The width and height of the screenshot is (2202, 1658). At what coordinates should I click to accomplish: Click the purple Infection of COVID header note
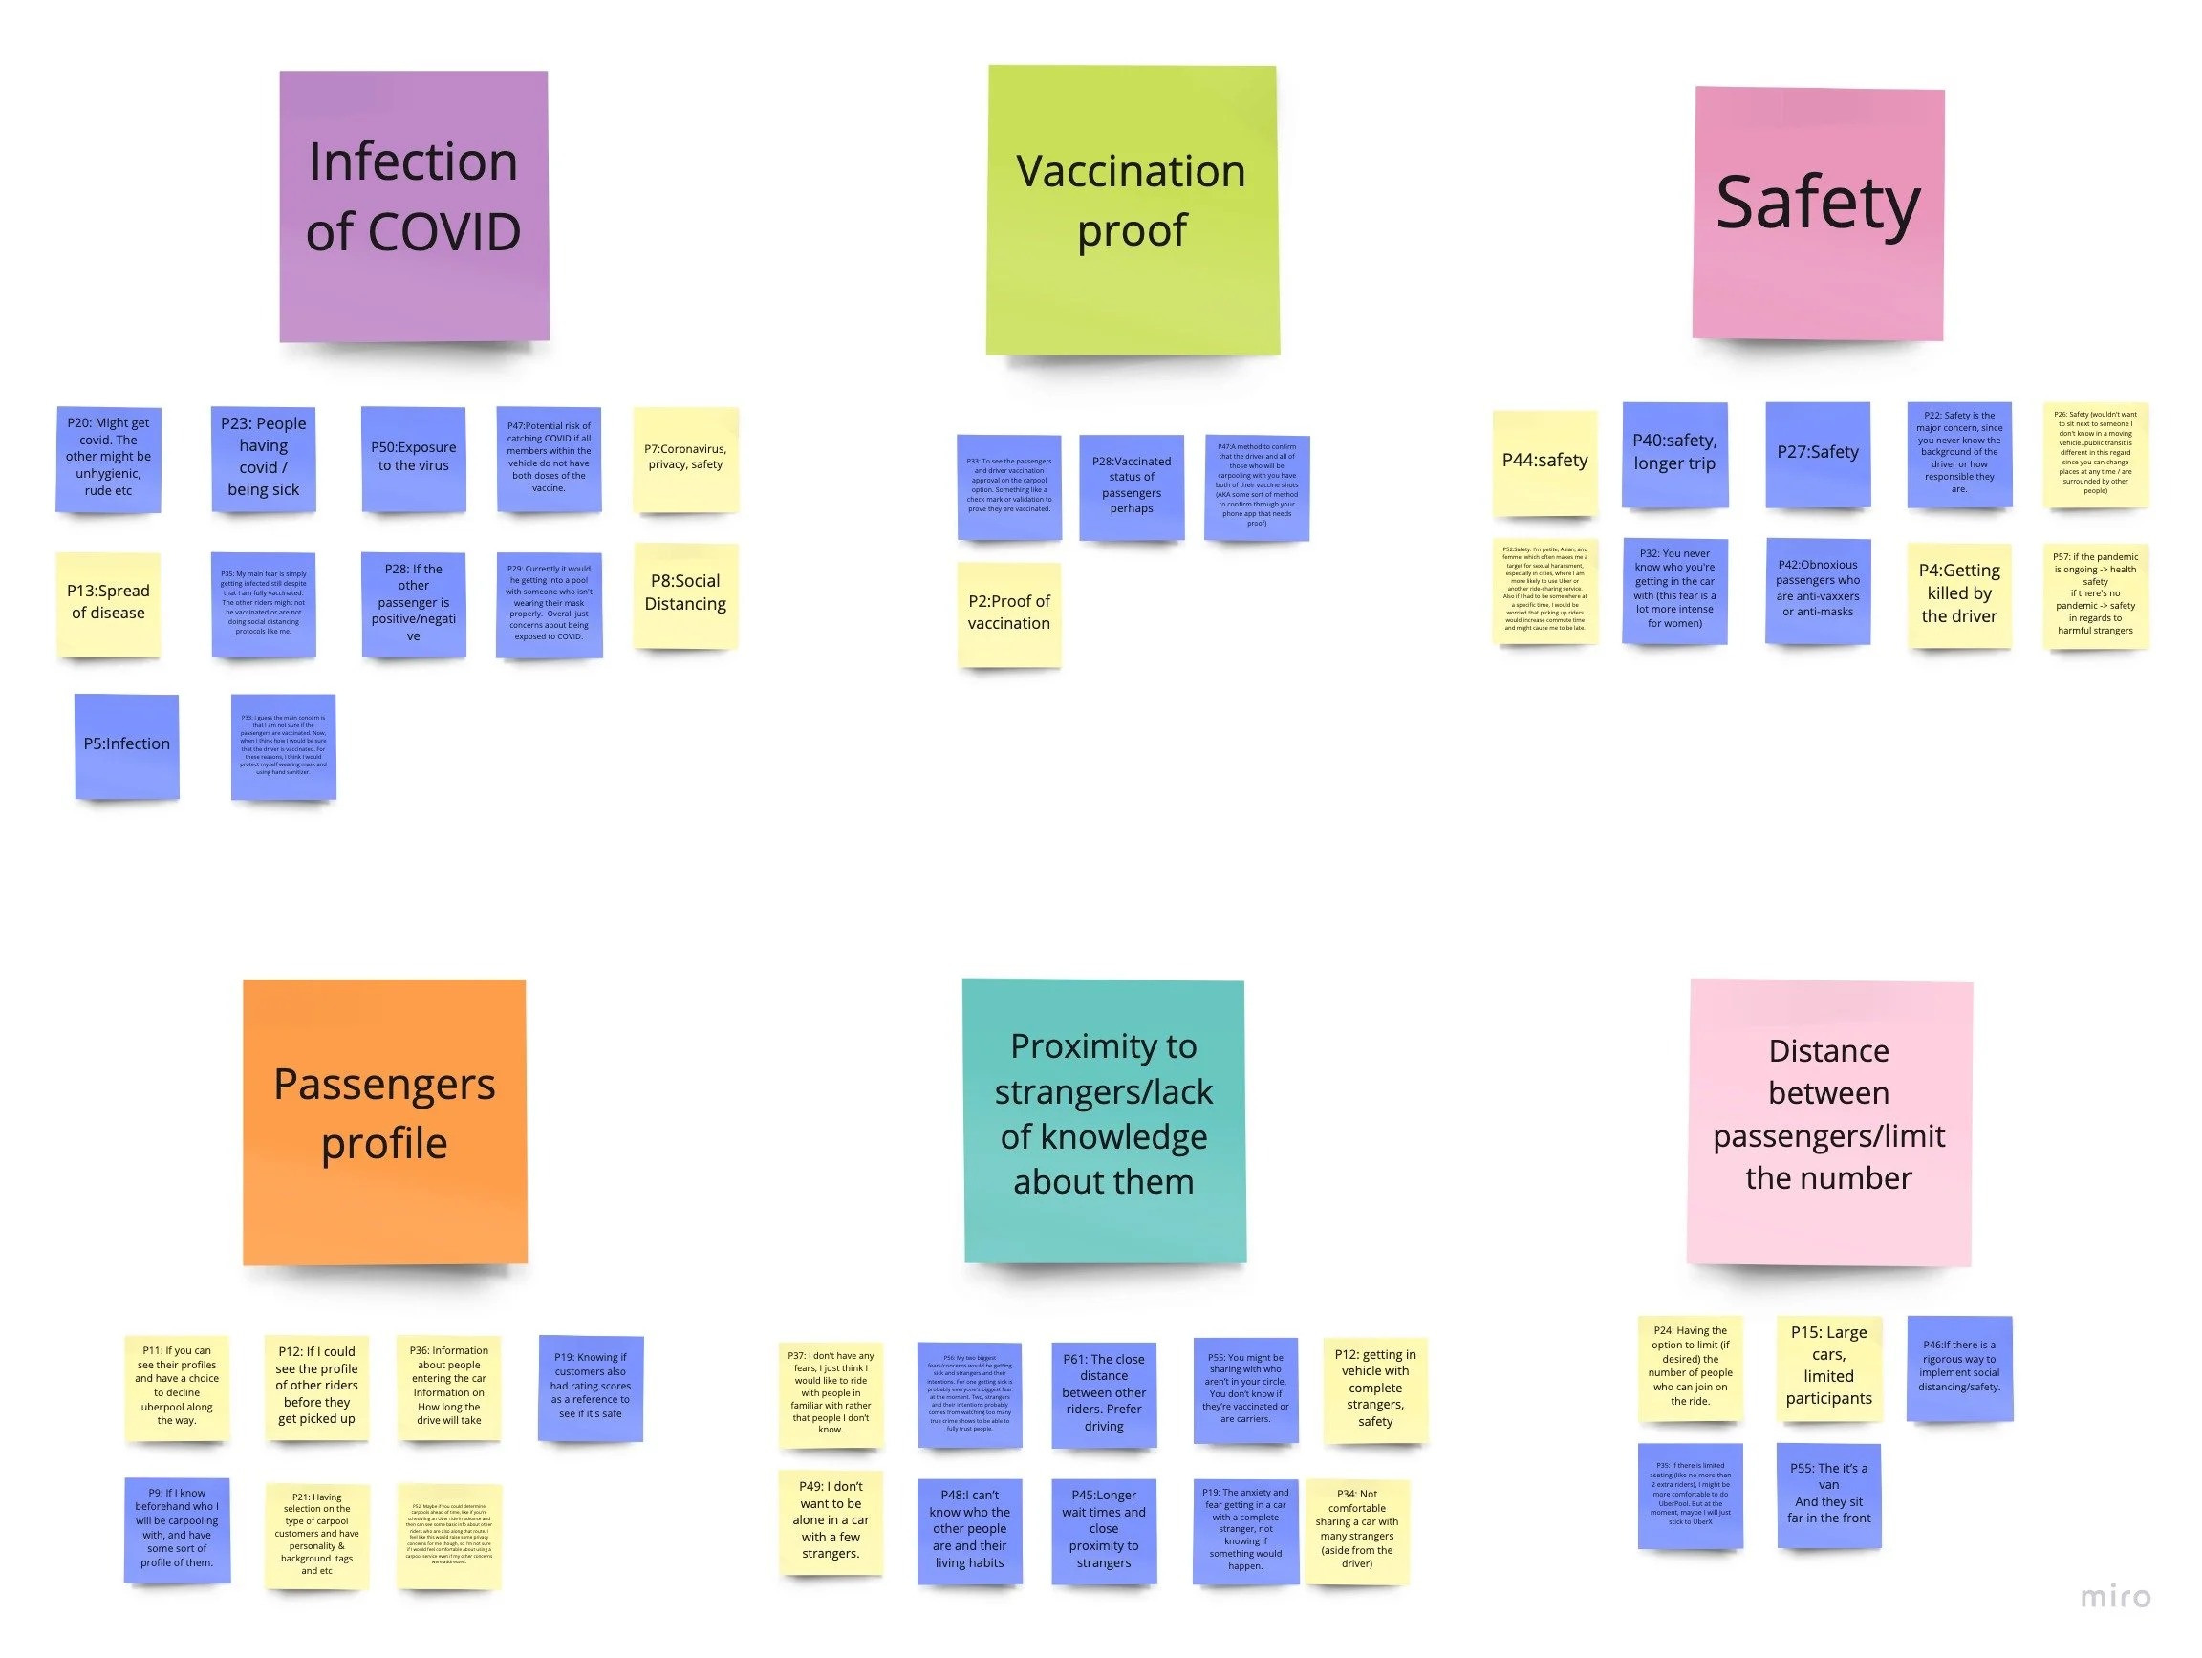413,206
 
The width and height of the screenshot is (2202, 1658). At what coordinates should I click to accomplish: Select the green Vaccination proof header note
1132,210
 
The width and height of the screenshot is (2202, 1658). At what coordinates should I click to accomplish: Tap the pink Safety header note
1818,213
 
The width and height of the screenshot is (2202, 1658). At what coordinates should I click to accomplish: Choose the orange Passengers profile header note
384,1122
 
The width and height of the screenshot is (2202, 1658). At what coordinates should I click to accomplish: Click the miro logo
2115,1597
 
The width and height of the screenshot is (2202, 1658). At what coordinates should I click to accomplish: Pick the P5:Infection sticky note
126,745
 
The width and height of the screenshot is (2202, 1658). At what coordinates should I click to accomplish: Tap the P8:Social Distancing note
685,594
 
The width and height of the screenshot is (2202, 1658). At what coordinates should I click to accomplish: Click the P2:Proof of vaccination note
1008,614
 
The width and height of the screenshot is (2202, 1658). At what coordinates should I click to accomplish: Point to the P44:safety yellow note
1544,462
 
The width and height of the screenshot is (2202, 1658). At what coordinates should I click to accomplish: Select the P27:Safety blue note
1818,454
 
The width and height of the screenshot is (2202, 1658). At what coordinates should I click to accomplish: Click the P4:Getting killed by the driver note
1958,594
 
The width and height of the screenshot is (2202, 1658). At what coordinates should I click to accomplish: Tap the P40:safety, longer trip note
1674,454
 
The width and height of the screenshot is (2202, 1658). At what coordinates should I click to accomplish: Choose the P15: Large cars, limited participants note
1828,1367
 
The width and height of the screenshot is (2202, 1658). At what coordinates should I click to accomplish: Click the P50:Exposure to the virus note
413,458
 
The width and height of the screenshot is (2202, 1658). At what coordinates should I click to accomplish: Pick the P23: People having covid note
263,458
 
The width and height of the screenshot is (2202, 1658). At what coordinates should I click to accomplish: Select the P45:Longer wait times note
1103,1530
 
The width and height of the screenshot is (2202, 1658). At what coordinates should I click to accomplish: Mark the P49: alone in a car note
831,1521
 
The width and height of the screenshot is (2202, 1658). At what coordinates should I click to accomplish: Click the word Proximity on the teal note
1103,1047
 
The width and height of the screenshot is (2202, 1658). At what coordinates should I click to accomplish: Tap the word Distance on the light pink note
1827,1052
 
